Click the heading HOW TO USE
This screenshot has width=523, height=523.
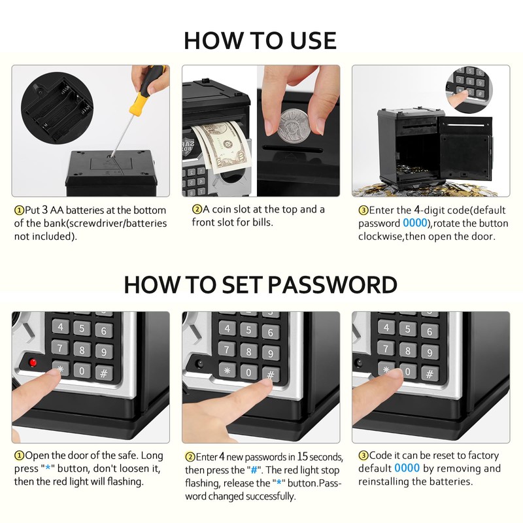[260, 41]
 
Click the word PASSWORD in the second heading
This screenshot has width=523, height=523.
[332, 285]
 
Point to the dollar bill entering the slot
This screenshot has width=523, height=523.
[222, 147]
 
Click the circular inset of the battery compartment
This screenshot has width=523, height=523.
[57, 109]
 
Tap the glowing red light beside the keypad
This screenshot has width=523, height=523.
[33, 362]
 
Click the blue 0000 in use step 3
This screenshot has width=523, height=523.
[415, 223]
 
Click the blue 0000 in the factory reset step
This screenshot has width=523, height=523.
[407, 468]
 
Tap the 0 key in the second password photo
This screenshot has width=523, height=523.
[248, 372]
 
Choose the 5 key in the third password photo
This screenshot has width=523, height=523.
[408, 329]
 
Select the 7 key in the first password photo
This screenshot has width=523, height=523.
[60, 348]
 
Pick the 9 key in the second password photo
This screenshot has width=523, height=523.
[271, 353]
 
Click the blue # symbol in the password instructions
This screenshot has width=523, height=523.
[254, 470]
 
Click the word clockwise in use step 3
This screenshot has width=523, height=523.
[380, 236]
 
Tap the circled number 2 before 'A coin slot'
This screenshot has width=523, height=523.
[197, 209]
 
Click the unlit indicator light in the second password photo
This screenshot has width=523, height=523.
[200, 364]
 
